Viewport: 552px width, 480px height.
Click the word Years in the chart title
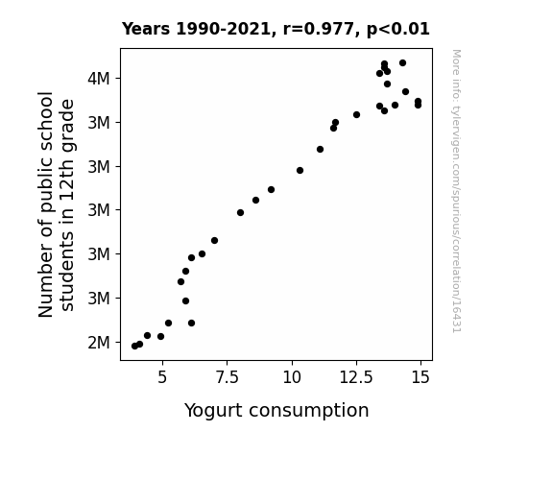146,29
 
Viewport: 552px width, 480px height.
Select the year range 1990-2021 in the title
224,29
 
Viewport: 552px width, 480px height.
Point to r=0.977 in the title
319,29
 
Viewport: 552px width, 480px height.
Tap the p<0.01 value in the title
398,30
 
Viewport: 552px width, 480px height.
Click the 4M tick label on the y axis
99,78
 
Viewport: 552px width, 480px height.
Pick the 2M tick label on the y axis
99,343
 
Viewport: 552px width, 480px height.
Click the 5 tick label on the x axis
162,377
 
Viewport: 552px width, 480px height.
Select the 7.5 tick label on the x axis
227,377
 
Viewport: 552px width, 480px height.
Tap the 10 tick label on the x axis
292,377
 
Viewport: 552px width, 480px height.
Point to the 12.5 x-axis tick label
356,377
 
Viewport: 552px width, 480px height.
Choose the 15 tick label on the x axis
420,377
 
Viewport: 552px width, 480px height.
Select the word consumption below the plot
309,411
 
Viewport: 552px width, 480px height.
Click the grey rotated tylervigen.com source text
457,191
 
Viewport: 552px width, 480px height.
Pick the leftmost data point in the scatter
134,347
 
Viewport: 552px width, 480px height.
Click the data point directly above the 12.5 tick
356,115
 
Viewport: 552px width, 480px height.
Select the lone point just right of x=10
300,171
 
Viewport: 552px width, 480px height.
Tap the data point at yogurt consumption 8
240,213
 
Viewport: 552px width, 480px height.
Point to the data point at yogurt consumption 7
214,241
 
